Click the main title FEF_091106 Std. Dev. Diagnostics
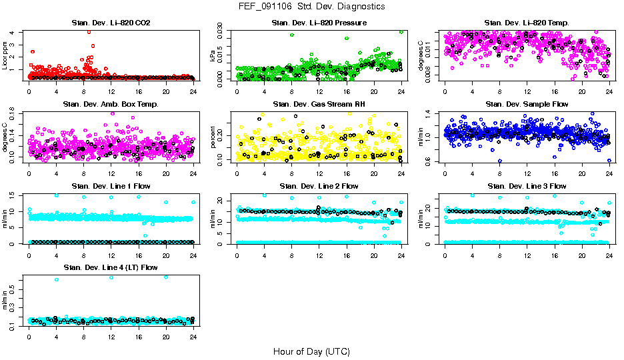[x=311, y=6]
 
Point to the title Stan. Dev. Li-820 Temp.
[x=527, y=23]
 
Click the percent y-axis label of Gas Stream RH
[x=213, y=137]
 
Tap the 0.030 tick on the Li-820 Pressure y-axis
[x=225, y=31]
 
